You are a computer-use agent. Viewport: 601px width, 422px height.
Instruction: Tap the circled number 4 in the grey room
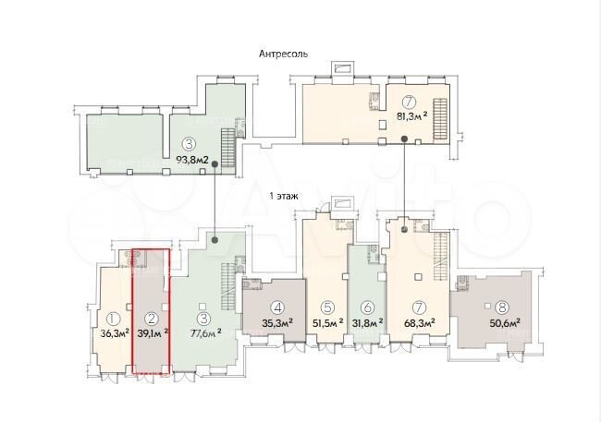(x=276, y=307)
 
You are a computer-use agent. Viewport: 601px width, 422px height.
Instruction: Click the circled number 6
(x=368, y=307)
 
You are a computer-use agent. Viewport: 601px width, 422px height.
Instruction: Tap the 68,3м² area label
(x=420, y=323)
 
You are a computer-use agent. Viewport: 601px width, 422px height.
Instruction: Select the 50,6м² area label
(x=502, y=323)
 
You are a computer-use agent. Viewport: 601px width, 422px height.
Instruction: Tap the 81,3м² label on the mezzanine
(x=410, y=117)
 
